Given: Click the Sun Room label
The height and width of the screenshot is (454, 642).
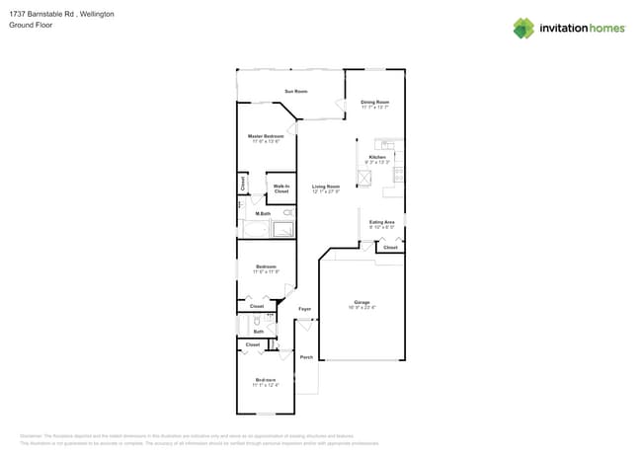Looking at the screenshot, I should coord(295,92).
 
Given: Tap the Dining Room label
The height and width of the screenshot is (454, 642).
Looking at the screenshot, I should coord(374,102).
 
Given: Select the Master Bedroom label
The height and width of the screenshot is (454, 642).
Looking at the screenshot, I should coord(266,136).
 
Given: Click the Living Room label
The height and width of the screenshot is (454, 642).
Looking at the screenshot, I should coord(326,187).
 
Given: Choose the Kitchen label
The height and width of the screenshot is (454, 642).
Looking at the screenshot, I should coord(377,157).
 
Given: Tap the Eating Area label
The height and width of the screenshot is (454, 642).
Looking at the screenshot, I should coord(382,222).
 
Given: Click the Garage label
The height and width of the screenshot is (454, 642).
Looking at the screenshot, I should coord(361,302).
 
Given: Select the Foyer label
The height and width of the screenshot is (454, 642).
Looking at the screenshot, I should coord(305,309).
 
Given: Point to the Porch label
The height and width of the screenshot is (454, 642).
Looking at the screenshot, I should coord(306,357).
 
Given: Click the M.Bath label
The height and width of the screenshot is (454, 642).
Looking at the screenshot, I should coord(264,213).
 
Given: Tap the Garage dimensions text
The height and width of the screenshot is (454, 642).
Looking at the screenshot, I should coord(361,308).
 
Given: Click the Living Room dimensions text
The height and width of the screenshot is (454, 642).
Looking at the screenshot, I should coord(326,192).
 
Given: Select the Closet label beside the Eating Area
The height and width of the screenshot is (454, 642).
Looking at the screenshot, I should coord(390,247).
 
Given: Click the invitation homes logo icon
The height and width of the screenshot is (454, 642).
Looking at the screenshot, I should coord(523,28).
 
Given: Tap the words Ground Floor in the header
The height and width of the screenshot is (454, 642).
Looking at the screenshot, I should coord(30,25).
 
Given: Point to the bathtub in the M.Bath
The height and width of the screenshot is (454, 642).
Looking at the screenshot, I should coord(282,229).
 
